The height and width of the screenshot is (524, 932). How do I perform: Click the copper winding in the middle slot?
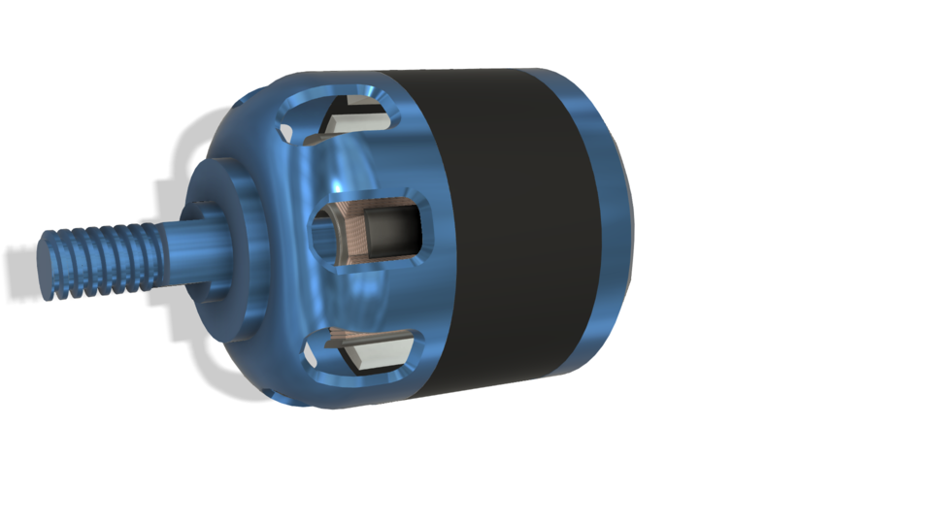pos(354,237)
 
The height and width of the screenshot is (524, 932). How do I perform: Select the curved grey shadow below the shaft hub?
pos(209,364)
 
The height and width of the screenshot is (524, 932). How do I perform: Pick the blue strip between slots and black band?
pos(427,233)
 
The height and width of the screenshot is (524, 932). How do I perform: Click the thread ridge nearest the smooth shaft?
pos(150,254)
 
